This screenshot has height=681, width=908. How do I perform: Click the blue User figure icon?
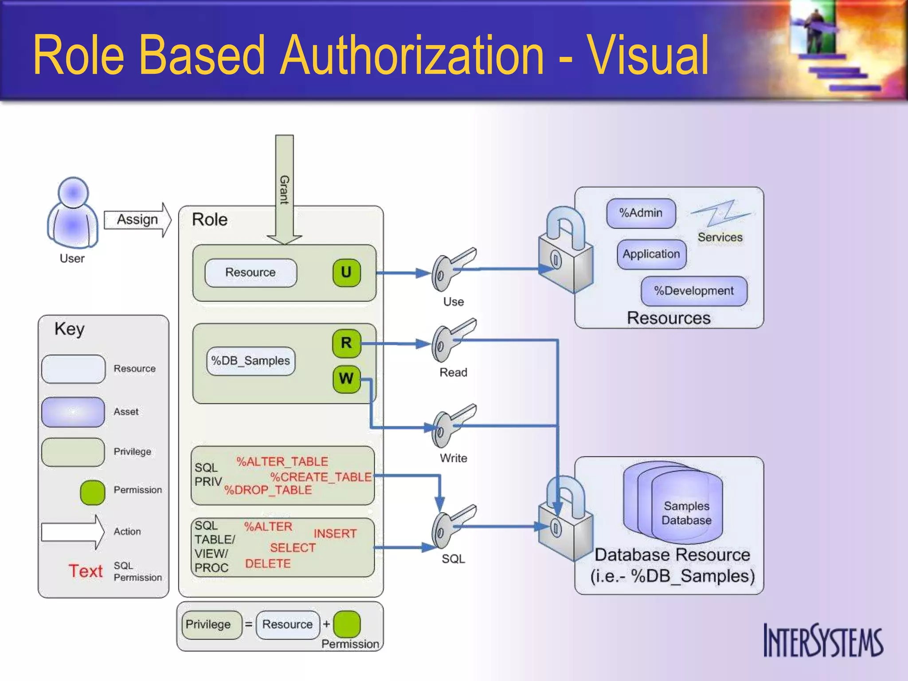click(73, 214)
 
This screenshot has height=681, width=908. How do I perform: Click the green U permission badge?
click(346, 272)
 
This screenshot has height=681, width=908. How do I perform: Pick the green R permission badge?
click(346, 343)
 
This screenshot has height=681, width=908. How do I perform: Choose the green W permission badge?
click(346, 379)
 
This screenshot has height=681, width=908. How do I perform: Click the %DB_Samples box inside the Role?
click(250, 361)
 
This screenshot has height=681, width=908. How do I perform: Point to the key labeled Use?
click(452, 269)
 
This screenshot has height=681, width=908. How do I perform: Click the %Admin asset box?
click(641, 213)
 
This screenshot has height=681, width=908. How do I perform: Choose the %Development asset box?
click(694, 291)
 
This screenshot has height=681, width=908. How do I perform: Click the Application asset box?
click(651, 254)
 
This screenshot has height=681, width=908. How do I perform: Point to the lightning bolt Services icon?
click(721, 214)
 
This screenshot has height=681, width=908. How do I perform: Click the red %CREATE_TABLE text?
click(321, 477)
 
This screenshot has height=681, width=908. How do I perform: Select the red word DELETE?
click(268, 564)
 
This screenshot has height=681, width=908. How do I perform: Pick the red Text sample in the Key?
click(86, 571)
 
